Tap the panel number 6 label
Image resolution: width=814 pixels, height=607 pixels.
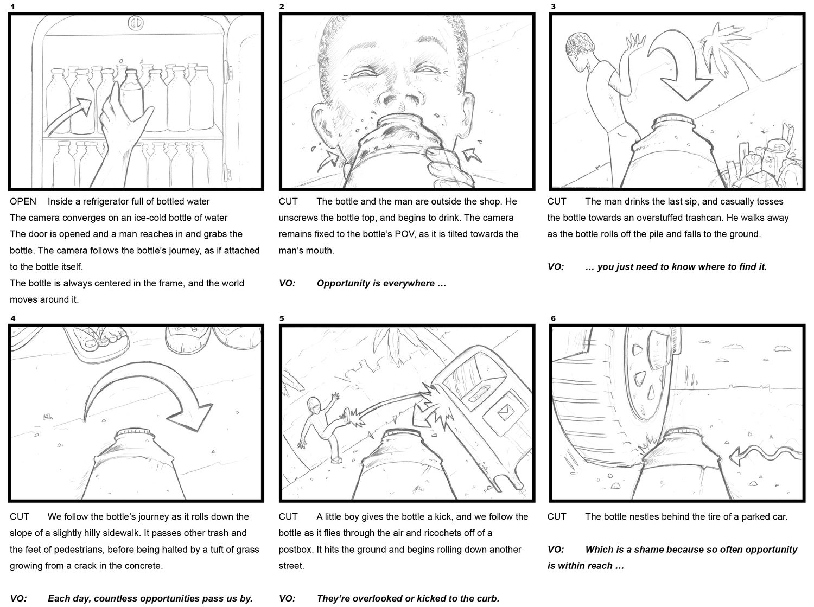(553, 318)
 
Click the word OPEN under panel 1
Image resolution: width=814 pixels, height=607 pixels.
(23, 202)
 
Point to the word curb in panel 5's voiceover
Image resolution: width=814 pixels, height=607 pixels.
(487, 599)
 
